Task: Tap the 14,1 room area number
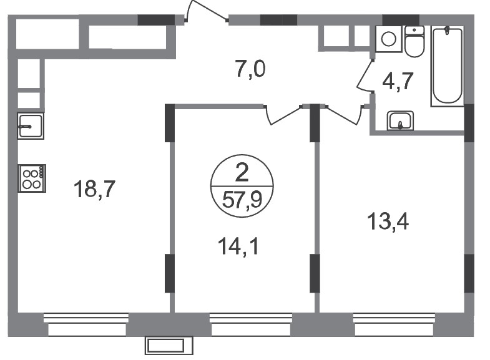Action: [238, 246]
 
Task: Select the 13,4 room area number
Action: [388, 221]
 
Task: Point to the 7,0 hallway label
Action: [251, 69]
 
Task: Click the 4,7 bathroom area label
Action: [398, 81]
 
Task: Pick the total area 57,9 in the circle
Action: [242, 200]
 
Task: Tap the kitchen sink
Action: [31, 126]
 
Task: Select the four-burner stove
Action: [32, 178]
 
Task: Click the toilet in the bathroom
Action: [414, 42]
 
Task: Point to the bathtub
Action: [448, 66]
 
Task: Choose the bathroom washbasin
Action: [401, 120]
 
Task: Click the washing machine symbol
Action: [389, 39]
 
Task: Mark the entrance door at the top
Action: [207, 12]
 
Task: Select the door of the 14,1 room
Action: [283, 115]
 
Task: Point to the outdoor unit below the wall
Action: [169, 345]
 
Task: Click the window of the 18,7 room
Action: [86, 324]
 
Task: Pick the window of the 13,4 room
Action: [394, 324]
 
